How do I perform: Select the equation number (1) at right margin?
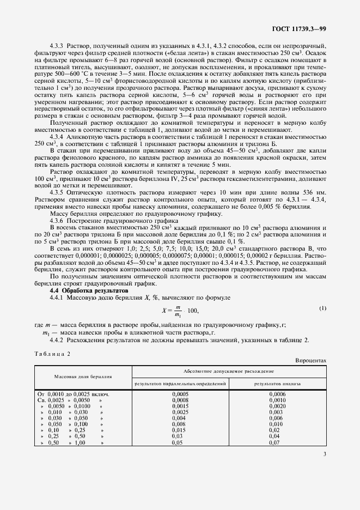coord(322,308)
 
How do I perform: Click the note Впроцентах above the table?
coord(310,361)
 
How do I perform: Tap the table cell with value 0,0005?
coord(180,393)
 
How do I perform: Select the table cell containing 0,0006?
coord(277,393)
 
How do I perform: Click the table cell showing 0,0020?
coord(277,406)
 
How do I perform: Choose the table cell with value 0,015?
coord(180,430)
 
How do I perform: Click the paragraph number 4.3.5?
coord(57,208)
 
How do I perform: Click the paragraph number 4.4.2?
coord(57,340)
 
